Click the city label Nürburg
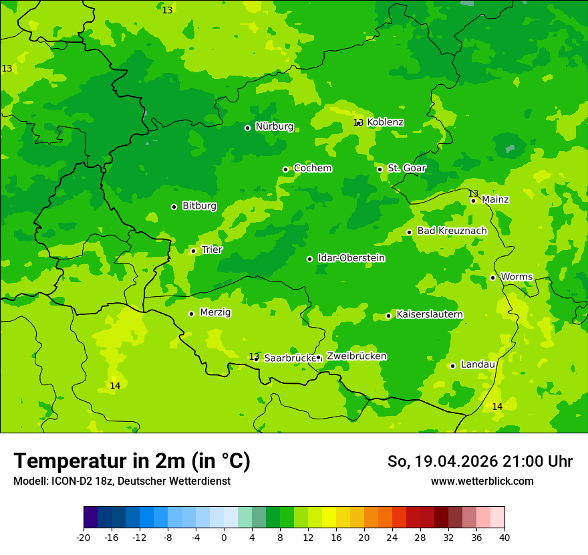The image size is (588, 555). coord(274,126)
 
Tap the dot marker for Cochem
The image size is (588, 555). coord(285,169)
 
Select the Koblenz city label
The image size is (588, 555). coord(386,122)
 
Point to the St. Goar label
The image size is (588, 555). coord(406,168)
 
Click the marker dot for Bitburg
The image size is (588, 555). coord(174,207)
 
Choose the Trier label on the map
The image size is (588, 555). coord(212,249)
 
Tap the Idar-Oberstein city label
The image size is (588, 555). coord(351,258)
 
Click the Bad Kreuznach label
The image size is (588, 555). coord(452,231)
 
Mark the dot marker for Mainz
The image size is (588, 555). coord(473,201)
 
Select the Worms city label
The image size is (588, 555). coord(517,276)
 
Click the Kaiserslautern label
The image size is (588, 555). coord(430,314)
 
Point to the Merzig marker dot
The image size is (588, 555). coord(191,314)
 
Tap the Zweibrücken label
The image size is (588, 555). coord(356,356)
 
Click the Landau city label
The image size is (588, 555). coord(478,364)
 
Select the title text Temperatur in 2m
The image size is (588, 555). coord(132,461)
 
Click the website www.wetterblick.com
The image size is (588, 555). coord(482,481)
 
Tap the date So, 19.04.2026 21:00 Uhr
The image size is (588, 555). coord(480,461)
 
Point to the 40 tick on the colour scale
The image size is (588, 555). coord(504,538)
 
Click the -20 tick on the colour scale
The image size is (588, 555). coord(84,538)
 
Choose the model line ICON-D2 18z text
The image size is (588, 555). coord(122,481)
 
